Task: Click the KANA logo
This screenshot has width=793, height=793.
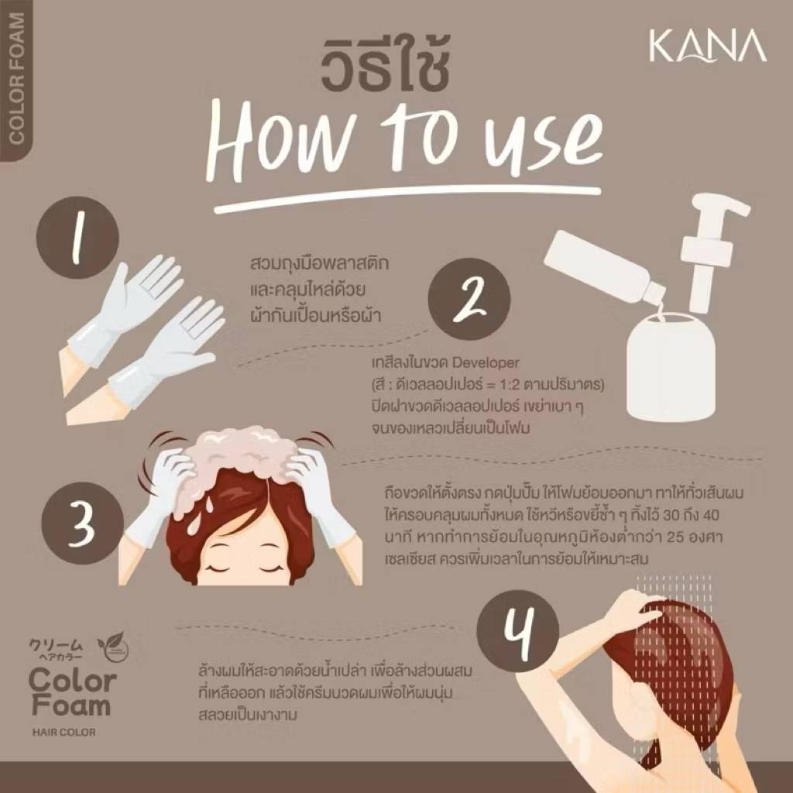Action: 707,46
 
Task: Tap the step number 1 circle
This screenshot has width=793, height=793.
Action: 77,238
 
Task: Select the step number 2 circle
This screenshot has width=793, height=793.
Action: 469,299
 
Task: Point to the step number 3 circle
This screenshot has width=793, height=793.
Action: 82,523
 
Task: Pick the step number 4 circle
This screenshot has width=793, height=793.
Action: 518,632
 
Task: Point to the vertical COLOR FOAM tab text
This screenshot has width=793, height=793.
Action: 17,78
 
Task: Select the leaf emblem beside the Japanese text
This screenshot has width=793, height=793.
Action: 113,647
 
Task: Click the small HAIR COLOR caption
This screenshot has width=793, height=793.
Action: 64,732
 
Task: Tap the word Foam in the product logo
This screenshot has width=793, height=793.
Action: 71,705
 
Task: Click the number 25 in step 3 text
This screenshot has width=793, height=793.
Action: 676,537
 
